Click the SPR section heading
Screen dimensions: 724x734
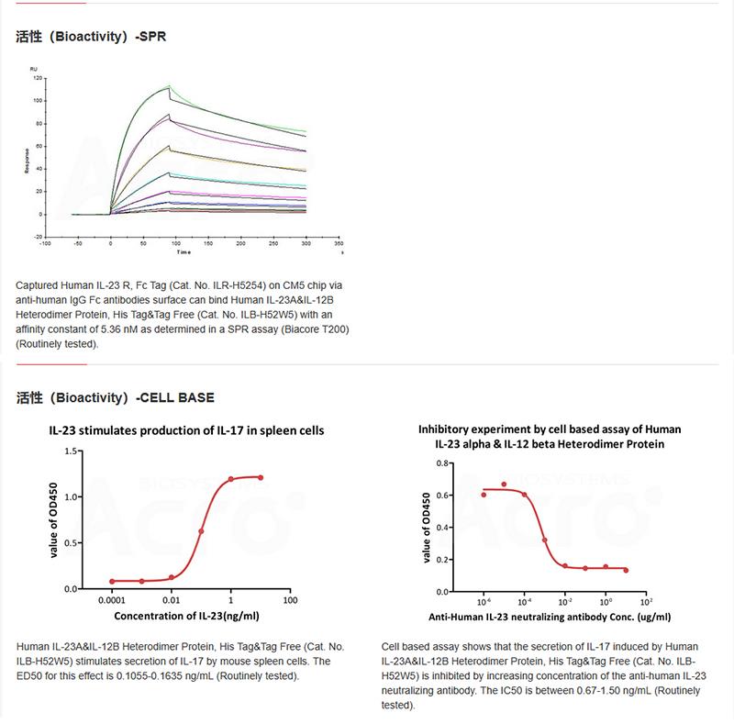91,38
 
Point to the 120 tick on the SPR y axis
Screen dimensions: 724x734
38,78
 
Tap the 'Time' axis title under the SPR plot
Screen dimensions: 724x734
184,251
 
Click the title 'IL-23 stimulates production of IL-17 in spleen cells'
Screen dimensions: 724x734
186,429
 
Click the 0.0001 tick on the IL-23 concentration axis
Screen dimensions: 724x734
111,600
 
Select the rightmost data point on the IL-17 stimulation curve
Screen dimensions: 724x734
261,477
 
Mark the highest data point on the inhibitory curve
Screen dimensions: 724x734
504,485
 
